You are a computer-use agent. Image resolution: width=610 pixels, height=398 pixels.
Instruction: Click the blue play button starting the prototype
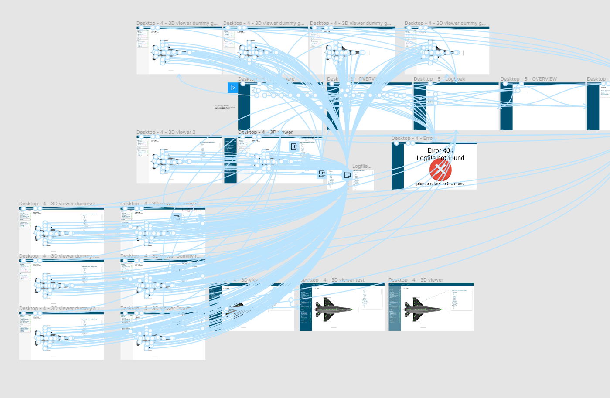tap(233, 88)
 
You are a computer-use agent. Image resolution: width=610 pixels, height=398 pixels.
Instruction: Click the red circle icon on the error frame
tap(440, 170)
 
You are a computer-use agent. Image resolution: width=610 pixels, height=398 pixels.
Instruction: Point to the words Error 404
tap(440, 150)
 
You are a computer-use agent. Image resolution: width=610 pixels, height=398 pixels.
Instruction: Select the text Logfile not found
tap(440, 158)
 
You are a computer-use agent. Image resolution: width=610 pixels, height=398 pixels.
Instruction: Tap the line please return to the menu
tap(440, 184)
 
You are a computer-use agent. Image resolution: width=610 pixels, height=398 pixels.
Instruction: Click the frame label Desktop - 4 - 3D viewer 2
tap(166, 132)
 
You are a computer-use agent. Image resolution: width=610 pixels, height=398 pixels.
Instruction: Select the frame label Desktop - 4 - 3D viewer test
tap(334, 280)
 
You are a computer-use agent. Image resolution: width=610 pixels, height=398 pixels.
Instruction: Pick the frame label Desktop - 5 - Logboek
tap(439, 79)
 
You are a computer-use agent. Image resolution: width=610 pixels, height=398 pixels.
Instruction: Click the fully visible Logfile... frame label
tap(362, 166)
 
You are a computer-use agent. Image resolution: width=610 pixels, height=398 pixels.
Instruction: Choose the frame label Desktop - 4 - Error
tap(412, 138)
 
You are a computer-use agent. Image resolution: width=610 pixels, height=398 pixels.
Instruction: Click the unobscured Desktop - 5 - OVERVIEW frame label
tap(528, 79)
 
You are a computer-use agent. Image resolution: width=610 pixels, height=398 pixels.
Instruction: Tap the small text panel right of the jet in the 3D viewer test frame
tap(365, 296)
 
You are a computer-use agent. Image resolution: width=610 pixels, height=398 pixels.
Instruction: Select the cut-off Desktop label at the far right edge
tap(598, 79)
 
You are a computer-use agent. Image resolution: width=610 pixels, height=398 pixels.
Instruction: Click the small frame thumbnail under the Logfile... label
tap(363, 180)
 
